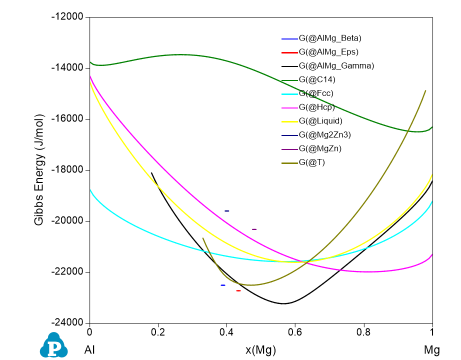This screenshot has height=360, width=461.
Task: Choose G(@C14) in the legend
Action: [x=317, y=79]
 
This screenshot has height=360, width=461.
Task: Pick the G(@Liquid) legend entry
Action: [x=320, y=120]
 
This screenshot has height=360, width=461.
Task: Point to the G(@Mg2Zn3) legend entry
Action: [x=324, y=134]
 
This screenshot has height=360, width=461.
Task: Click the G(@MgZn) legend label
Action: [x=320, y=148]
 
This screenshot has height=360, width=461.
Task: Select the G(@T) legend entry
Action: [x=311, y=162]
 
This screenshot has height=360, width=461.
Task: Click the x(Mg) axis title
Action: [x=260, y=349]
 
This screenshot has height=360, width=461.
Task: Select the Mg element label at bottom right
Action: [x=432, y=349]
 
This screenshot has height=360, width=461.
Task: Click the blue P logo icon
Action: [x=53, y=345]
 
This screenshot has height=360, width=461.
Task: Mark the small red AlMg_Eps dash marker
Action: [x=238, y=290]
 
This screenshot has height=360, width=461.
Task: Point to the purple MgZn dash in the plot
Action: [x=254, y=229]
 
